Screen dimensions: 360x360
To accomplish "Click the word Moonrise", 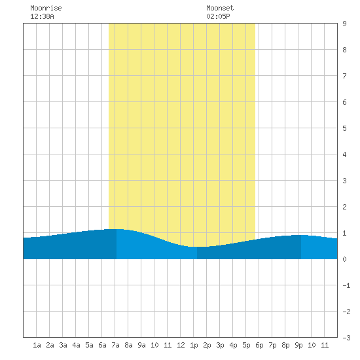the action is pos(46,8).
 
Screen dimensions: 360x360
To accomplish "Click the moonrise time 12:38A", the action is pos(42,16).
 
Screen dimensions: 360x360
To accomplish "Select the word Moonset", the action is pos(220,8).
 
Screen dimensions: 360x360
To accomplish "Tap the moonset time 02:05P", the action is pos(218,16).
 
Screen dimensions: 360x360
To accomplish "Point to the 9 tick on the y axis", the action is pos(344,24).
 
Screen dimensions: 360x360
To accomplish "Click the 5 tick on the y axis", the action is pos(344,128).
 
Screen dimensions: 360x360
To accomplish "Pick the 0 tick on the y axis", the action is pos(344,259).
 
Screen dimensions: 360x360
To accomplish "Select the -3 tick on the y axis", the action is pos(346,338).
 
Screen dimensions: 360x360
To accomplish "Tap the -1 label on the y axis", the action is pos(346,285).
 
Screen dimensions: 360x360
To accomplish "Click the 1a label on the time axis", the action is pos(37,345).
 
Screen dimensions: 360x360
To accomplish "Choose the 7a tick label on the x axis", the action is pos(115,345).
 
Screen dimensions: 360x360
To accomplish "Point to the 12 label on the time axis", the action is pos(181,345).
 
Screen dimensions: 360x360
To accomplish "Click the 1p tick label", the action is pos(194,346).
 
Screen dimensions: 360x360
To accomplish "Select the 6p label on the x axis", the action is pos(259,346).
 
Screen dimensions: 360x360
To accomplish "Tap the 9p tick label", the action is pos(298,346).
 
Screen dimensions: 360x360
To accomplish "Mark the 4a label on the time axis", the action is pos(76,345).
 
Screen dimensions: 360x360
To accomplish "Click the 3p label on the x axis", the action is pos(220,346).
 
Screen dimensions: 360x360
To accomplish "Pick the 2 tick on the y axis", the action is pos(344,207).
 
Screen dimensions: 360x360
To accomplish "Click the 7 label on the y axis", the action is pos(344,76).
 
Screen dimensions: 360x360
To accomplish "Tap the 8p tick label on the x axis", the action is pos(285,346).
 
